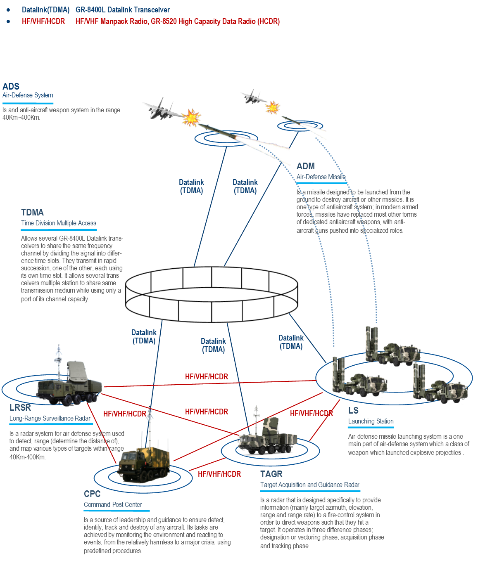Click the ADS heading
[11, 86]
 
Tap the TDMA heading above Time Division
[32, 213]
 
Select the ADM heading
[305, 166]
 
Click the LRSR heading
[20, 408]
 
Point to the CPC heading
[92, 494]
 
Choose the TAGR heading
[271, 474]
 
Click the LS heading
[353, 411]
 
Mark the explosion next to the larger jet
[191, 118]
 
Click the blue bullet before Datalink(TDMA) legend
[8, 9]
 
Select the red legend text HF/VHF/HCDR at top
[43, 21]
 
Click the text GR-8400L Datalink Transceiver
[122, 9]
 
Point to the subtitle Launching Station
[371, 421]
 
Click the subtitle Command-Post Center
[113, 505]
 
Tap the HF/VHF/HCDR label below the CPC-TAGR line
[219, 474]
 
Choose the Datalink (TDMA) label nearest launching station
[291, 342]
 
